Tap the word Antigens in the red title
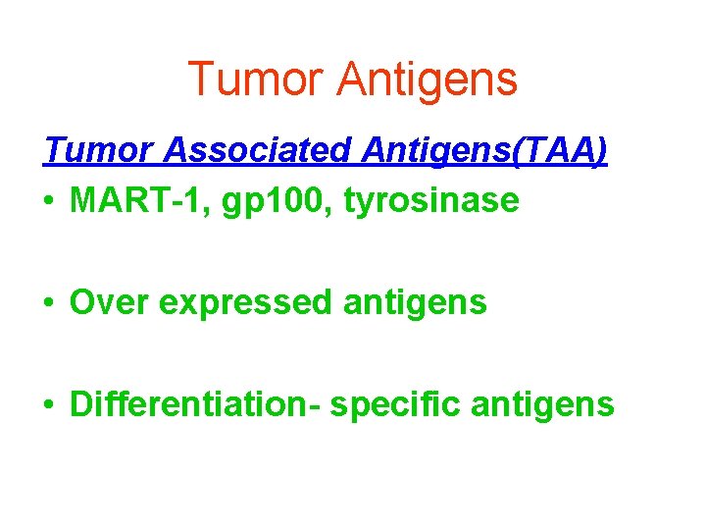[x=427, y=79]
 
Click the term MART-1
[x=136, y=200]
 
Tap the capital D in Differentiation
[x=81, y=403]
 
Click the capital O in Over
[x=83, y=302]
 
